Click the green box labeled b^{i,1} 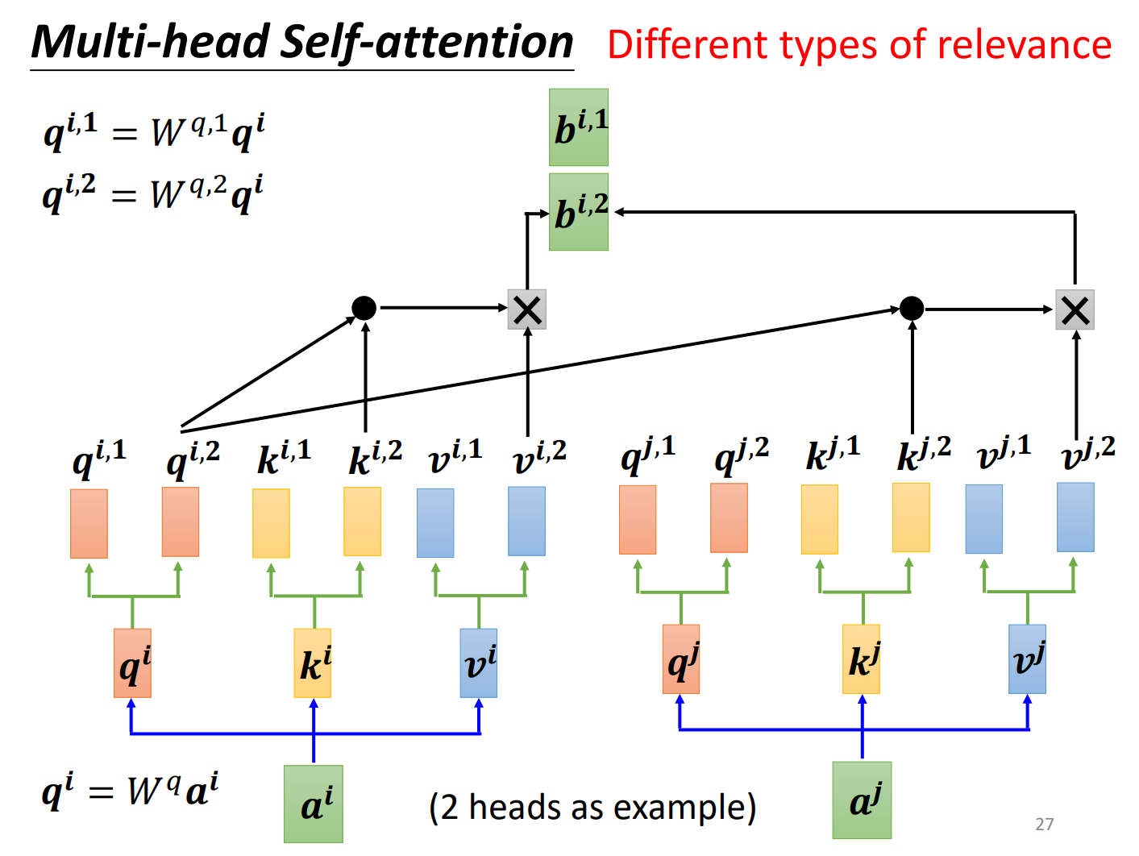[x=578, y=127]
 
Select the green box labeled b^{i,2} [x=578, y=212]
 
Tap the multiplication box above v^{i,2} [x=527, y=310]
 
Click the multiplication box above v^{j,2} [x=1075, y=310]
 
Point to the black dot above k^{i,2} [x=364, y=308]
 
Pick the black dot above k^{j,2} [x=911, y=308]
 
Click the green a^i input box [x=314, y=804]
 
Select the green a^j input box [x=862, y=800]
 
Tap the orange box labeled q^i [x=132, y=663]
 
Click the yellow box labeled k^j [x=861, y=659]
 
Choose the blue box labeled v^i [x=479, y=663]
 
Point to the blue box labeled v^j [x=1027, y=659]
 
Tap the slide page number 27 [x=1045, y=824]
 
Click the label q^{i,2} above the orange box [x=193, y=460]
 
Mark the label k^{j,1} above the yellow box [x=833, y=455]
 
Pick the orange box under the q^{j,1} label [x=637, y=520]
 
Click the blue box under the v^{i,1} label [x=435, y=522]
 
